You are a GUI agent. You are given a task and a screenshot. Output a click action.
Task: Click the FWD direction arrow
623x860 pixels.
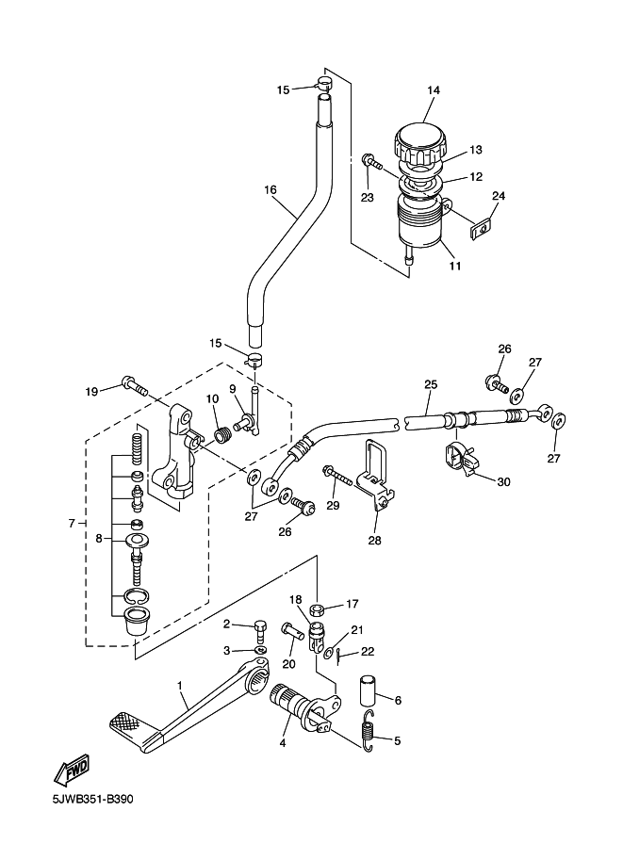tap(73, 771)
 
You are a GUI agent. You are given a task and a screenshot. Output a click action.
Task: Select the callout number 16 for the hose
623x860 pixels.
tap(271, 190)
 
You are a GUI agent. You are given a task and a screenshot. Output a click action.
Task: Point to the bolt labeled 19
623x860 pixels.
tap(134, 385)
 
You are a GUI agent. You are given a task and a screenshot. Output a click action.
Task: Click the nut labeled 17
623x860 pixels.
tap(318, 608)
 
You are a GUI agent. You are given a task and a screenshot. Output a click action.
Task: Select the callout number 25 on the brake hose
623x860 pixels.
tap(431, 384)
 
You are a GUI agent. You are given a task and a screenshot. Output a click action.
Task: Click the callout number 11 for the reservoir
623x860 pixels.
tap(455, 266)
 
